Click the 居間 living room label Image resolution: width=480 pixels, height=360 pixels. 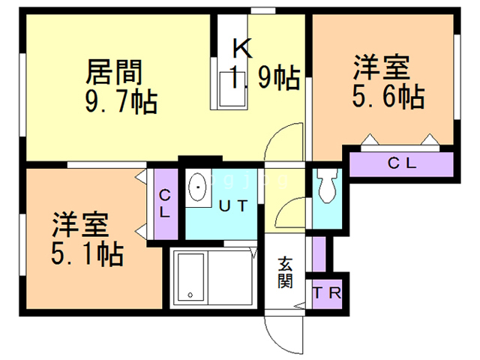click(x=114, y=72)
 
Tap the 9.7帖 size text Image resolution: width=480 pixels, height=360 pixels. click(x=121, y=102)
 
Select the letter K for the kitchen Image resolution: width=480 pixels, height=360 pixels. click(x=243, y=48)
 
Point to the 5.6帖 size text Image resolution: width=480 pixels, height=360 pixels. click(x=388, y=96)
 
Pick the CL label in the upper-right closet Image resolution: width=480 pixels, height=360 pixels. click(x=402, y=163)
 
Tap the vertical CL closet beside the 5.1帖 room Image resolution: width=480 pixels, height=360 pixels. click(x=165, y=203)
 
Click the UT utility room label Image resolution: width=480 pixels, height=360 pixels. click(x=233, y=206)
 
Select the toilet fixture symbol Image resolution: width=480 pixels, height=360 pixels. click(x=327, y=185)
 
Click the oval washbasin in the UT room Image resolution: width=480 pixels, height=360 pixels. click(x=197, y=187)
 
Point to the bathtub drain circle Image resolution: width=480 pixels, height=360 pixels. click(x=190, y=295)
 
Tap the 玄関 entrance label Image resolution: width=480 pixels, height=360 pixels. click(x=285, y=273)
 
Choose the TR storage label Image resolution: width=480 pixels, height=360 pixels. click(x=327, y=293)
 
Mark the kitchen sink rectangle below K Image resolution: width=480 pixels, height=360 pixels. click(x=232, y=89)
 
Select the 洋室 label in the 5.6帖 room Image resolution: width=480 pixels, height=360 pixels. click(x=382, y=67)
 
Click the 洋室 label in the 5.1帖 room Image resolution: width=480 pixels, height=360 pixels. click(x=80, y=225)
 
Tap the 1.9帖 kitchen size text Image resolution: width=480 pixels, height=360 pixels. click(x=265, y=76)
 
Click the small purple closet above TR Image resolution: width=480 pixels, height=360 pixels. click(x=319, y=254)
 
